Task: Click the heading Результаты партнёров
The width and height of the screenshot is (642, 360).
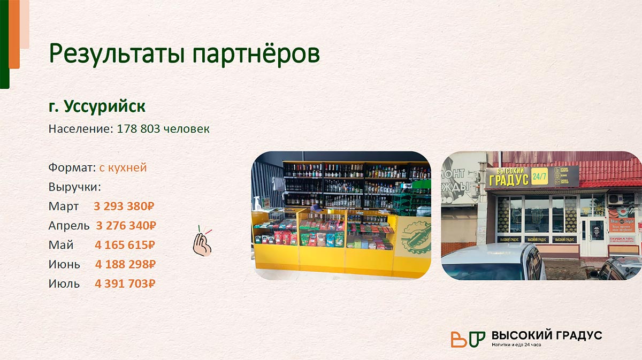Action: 185,54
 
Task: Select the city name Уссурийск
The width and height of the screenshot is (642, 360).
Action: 104,106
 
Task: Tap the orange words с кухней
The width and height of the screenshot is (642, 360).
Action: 123,167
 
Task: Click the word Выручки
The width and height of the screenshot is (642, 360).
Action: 74,187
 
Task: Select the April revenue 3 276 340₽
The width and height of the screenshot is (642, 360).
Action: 126,225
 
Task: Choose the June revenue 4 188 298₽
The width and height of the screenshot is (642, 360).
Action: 125,264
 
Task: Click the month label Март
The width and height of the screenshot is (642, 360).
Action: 64,206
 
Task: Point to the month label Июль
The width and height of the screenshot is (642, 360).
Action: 64,284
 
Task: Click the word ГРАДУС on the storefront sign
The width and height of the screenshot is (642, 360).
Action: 508,179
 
